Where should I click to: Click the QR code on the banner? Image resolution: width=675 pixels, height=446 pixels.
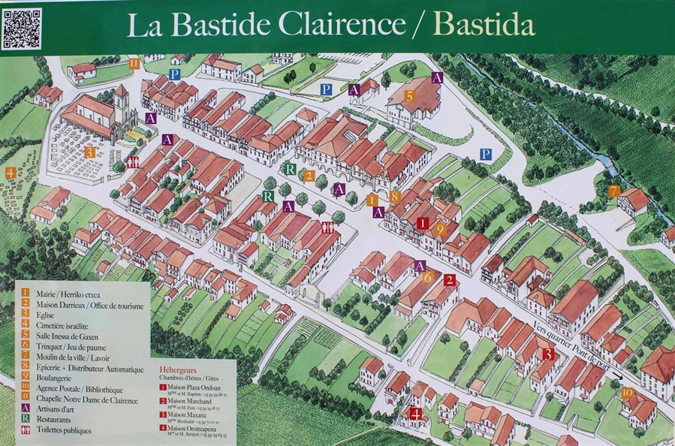pos(21,28)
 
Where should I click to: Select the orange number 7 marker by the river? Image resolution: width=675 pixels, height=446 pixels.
pos(613,191)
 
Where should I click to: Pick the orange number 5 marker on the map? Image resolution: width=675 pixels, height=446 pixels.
pos(409,96)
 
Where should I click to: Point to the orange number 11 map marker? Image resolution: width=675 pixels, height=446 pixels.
pos(134,63)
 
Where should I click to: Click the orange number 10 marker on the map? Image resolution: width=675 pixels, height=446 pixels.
pos(627,392)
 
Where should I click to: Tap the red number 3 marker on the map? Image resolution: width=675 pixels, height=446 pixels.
pos(548,354)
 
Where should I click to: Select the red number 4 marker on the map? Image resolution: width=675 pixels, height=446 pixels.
pos(415,412)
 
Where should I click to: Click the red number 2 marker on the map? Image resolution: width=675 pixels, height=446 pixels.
pos(449,281)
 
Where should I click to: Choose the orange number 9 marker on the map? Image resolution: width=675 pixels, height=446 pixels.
pos(441,229)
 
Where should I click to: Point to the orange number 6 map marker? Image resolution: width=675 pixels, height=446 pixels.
pos(427,277)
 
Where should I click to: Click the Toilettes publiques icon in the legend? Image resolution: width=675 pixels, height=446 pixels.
pos(25,431)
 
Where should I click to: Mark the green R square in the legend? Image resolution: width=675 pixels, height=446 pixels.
pos(25,420)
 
